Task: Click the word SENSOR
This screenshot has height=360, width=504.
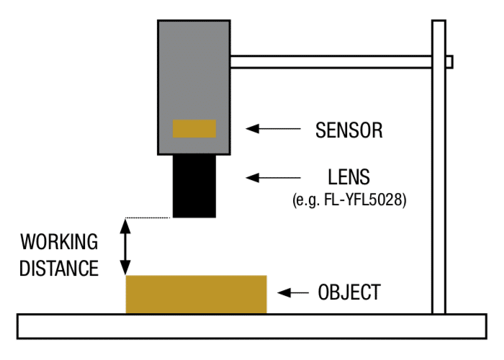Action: coord(348,130)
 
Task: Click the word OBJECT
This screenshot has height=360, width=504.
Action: coord(348,292)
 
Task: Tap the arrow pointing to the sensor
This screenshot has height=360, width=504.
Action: coord(273,129)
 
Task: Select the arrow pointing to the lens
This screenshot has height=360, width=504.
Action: coord(273,176)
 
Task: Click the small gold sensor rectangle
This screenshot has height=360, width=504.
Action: coord(194,129)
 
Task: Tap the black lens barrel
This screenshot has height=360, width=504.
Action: coord(194,186)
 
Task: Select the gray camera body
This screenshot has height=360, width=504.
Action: coord(194,72)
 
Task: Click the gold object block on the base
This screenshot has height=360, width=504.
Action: coord(196,294)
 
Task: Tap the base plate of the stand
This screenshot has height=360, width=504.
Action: coord(252,325)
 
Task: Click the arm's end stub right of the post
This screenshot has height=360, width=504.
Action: coord(449,62)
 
